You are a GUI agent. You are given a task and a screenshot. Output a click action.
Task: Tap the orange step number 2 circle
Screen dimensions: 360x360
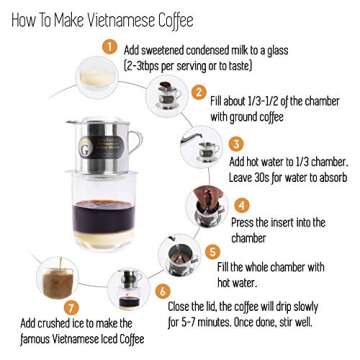[198, 92]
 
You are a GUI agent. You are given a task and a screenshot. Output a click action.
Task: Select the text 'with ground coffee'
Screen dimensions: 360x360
[246, 116]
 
